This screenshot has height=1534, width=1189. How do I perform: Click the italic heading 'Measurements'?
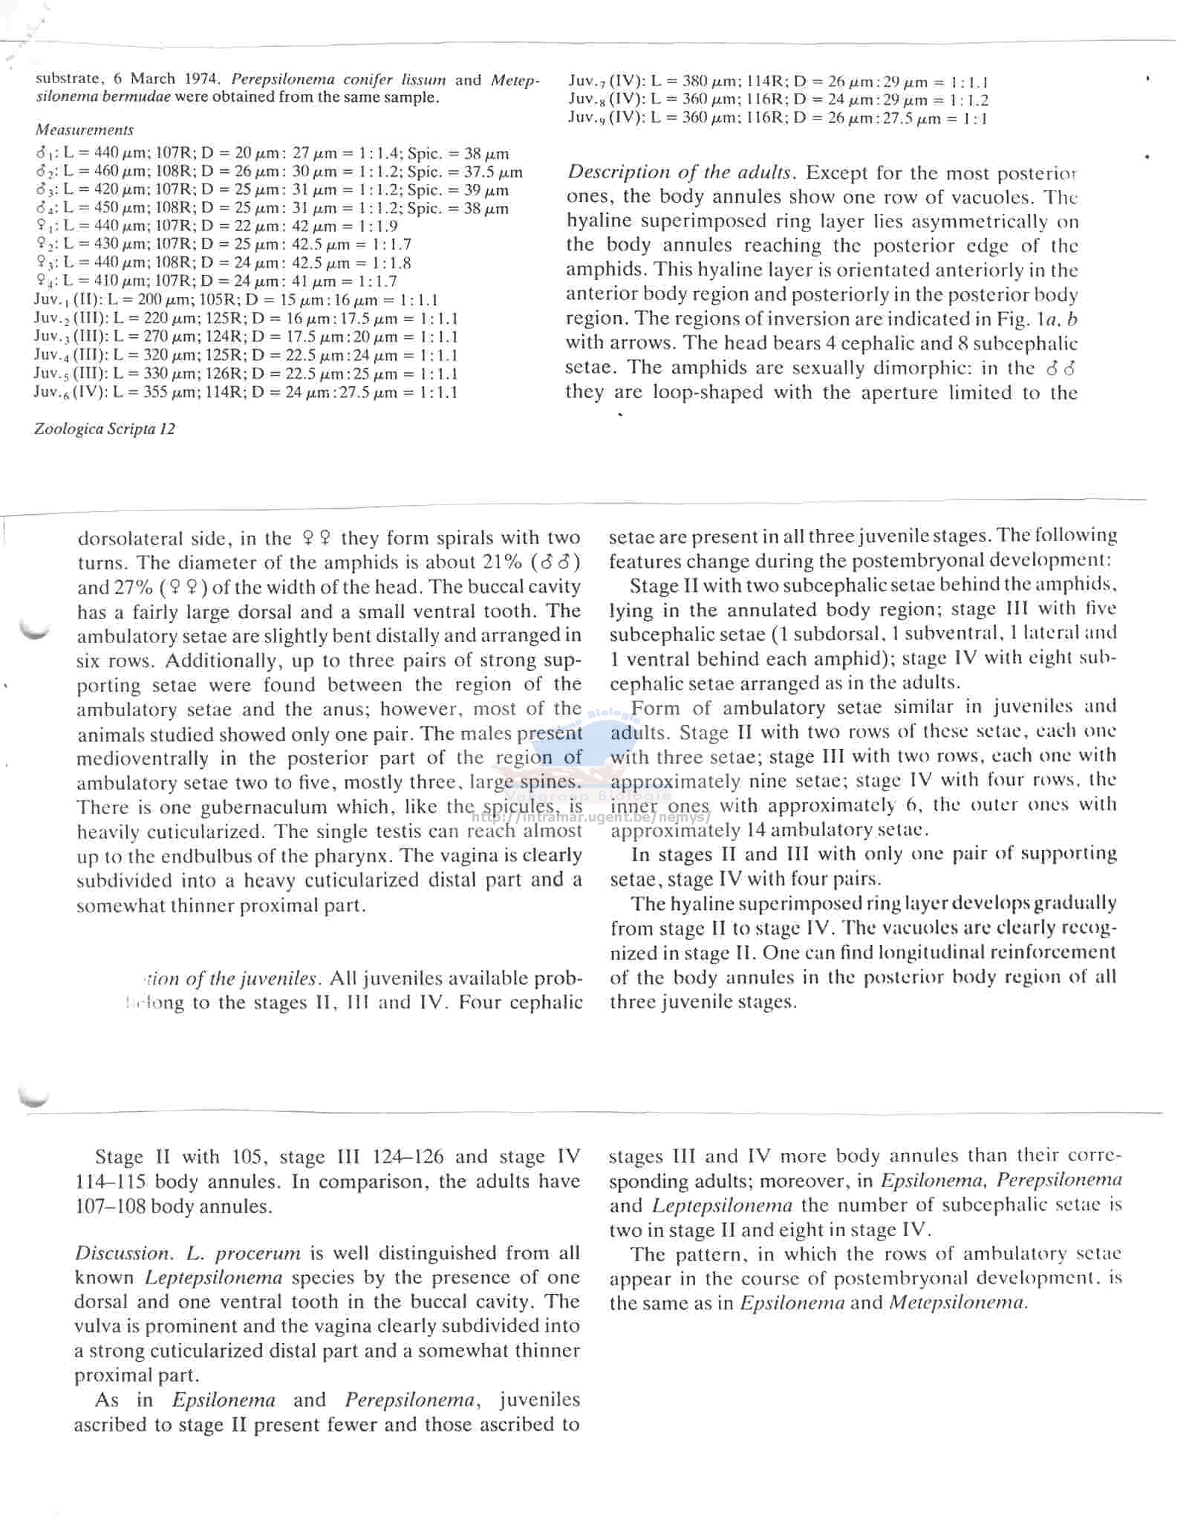point(85,130)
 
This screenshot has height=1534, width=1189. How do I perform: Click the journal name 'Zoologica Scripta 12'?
point(105,429)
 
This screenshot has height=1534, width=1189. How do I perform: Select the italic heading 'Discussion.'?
point(123,1253)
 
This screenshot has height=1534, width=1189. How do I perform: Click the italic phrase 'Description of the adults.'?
point(682,172)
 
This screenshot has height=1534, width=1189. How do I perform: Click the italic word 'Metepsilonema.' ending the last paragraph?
point(958,1302)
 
